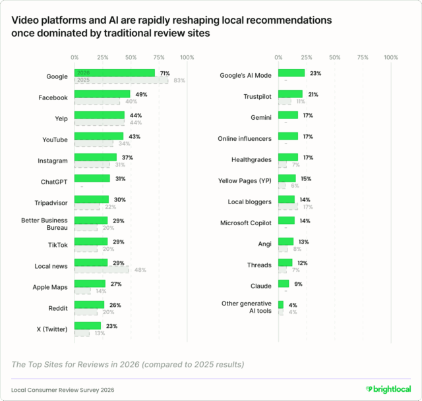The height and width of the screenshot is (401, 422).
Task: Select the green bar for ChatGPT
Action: tap(92, 178)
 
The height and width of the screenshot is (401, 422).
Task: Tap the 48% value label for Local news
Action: tap(140, 270)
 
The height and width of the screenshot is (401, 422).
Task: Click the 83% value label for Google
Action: tap(180, 80)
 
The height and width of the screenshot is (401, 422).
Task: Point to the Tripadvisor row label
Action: tap(51, 203)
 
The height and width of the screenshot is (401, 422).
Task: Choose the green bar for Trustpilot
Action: tap(290, 94)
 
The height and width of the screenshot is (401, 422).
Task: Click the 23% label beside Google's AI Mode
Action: tap(315, 73)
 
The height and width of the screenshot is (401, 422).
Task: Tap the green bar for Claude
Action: tap(284, 284)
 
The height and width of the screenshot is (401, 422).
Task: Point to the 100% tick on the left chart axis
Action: tap(187, 57)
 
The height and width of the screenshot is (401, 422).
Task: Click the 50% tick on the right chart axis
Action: tap(334, 57)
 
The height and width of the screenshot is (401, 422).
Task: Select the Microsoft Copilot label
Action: tap(245, 223)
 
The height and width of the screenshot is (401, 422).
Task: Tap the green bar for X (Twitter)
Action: tap(87, 326)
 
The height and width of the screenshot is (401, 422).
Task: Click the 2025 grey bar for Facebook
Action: tap(97, 101)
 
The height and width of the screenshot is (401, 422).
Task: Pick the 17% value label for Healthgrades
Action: tap(308, 157)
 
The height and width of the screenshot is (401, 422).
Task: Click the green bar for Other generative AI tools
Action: tap(281, 305)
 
